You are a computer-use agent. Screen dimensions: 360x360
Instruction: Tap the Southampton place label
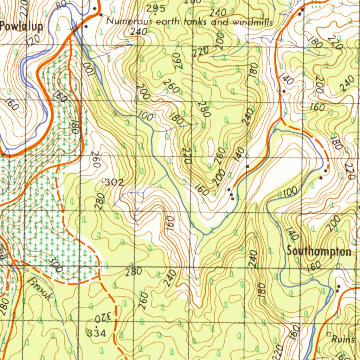319,251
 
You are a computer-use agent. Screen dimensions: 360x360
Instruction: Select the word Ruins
343,340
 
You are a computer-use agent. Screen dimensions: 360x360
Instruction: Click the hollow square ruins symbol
329,334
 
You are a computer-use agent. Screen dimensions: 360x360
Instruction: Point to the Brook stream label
41,288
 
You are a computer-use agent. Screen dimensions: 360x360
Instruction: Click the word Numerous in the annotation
130,21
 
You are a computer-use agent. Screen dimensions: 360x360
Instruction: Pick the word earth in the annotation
167,22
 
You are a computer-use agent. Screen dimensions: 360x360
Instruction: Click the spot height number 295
156,9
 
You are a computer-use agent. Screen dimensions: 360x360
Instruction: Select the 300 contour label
56,264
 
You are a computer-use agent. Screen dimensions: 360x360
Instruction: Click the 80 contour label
61,5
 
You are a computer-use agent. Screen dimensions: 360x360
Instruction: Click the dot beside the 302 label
103,182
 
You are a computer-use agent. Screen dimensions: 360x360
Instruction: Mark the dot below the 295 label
155,15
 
